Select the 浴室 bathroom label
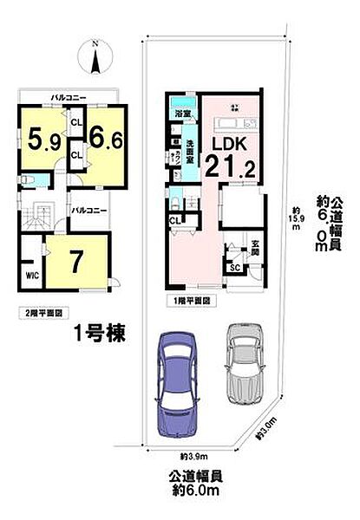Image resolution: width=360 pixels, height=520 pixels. [182, 114]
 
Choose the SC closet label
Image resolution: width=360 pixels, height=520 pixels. [234, 268]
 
